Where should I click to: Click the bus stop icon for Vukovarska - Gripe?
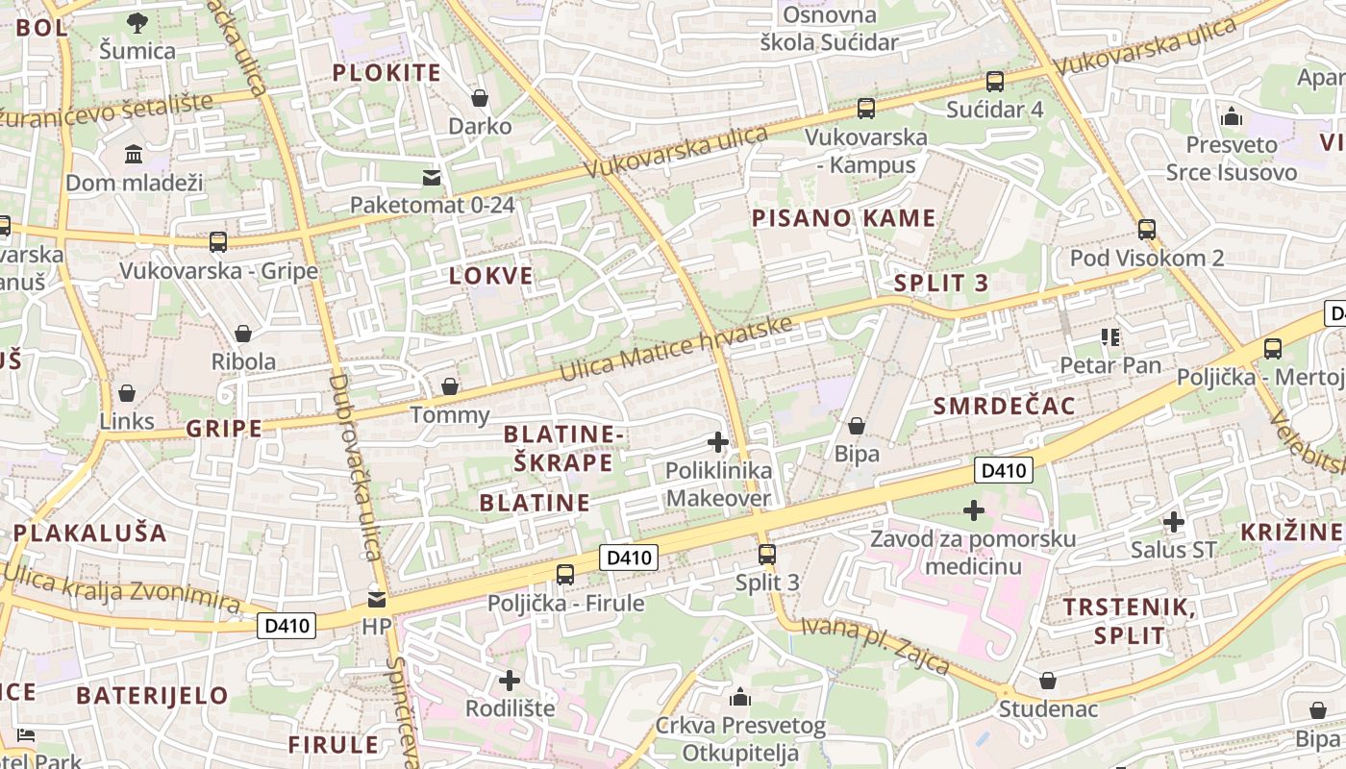point(218,241)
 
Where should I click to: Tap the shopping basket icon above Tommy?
point(449,386)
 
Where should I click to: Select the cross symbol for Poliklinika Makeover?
point(717,442)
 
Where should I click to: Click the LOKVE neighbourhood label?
point(490,276)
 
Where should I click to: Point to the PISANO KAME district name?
point(843,218)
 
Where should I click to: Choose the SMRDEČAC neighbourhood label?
point(1004,406)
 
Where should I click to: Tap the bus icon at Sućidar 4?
point(994,82)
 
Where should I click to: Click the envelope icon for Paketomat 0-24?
point(432,177)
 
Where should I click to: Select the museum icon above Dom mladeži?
point(134,154)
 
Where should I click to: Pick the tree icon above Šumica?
point(137,22)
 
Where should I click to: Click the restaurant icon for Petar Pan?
point(1110,336)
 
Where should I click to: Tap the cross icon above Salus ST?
point(1173,522)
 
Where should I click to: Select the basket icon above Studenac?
point(1048,681)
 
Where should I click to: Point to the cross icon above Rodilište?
point(510,681)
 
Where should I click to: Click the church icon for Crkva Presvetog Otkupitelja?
point(740,697)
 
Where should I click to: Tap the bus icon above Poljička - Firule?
point(565,575)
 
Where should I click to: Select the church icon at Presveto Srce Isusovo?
point(1231,117)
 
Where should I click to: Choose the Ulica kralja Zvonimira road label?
point(121,588)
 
